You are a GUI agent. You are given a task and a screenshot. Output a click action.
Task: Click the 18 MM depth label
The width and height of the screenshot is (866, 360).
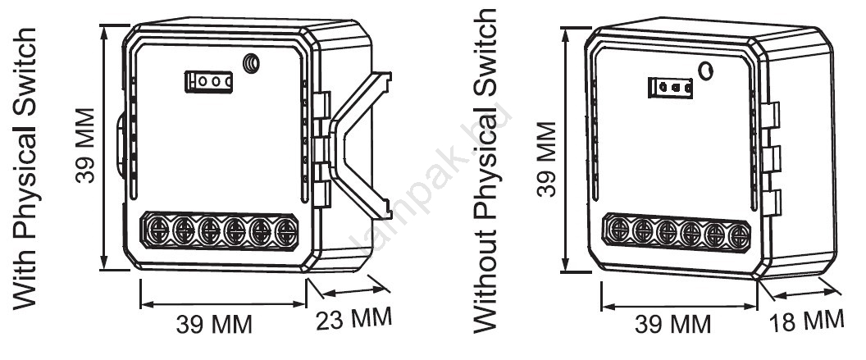tap(807, 321)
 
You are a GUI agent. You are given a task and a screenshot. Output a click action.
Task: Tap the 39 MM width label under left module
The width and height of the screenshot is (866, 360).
tap(216, 325)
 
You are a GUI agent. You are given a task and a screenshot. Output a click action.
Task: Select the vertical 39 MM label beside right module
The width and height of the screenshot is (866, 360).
tap(545, 160)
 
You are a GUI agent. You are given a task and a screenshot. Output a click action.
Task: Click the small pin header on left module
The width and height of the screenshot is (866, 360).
tap(210, 80)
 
